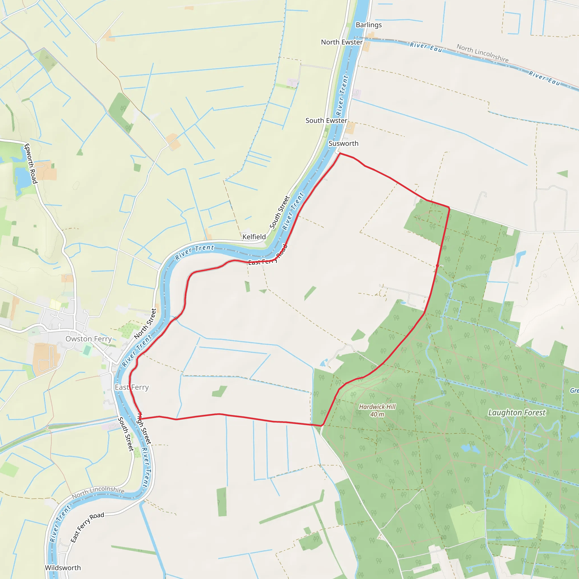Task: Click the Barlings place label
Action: [x=369, y=25]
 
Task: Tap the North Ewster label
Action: [x=342, y=42]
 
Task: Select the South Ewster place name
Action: [x=326, y=120]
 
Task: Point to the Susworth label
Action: [x=343, y=144]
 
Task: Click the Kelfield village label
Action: [x=254, y=237]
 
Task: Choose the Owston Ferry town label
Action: [x=88, y=339]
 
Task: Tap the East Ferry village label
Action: [x=131, y=388]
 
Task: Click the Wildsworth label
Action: [x=63, y=568]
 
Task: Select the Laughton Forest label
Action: [x=517, y=413]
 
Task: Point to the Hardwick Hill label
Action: [x=377, y=407]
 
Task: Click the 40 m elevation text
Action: [x=377, y=414]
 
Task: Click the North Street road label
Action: [x=145, y=324]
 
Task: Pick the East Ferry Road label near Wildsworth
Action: [x=87, y=527]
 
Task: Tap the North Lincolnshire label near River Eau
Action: [x=482, y=53]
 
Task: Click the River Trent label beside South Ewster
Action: [x=342, y=95]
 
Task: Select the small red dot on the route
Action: [x=437, y=265]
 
